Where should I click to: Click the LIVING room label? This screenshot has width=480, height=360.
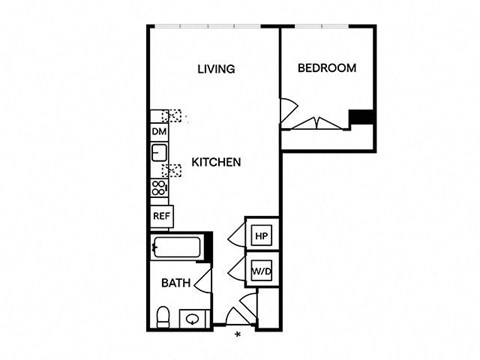tap(216, 69)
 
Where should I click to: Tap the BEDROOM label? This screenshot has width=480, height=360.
tap(327, 68)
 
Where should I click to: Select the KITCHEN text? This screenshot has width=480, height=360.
tap(216, 162)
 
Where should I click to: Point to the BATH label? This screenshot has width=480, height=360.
tap(176, 283)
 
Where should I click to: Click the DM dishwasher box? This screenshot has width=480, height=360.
tap(159, 132)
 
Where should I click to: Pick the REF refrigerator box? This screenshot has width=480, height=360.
tap(162, 216)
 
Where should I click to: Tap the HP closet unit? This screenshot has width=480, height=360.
tap(262, 236)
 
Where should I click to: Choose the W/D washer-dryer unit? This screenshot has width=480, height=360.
tap(262, 271)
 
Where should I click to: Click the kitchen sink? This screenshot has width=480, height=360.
tap(159, 153)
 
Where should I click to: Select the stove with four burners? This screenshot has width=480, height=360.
tap(159, 188)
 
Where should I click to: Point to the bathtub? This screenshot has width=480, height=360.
tap(176, 247)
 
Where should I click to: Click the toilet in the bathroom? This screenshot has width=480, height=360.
tap(163, 317)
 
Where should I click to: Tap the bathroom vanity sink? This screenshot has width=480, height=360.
tap(192, 319)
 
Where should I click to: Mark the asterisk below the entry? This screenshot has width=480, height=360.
tap(238, 335)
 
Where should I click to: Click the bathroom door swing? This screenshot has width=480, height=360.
tap(203, 281)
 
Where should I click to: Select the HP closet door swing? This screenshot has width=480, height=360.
tap(237, 237)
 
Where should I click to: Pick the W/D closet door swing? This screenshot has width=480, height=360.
tap(237, 269)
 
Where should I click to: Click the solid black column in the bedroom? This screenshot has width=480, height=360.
tap(361, 117)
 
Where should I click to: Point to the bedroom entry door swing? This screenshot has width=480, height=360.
tap(288, 110)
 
